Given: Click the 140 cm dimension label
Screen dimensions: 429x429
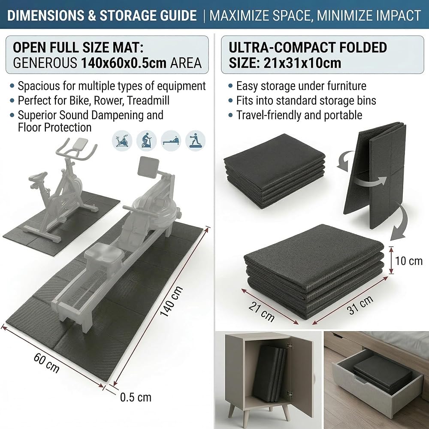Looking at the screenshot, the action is click(171, 301).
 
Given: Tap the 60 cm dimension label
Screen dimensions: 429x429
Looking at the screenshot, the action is click(46, 363).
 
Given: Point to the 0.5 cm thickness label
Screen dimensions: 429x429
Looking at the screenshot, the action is click(136, 397).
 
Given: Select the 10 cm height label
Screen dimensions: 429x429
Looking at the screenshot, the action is click(409, 261).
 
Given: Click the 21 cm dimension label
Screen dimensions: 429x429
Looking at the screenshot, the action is click(262, 311).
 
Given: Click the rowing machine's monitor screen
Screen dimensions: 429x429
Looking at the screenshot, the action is click(149, 166).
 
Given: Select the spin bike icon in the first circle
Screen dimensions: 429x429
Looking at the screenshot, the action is click(122, 141).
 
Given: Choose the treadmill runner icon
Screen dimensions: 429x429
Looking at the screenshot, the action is click(195, 141).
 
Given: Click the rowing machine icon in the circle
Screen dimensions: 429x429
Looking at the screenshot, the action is click(171, 141).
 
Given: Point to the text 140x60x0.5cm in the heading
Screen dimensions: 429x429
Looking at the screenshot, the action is click(124, 63).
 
